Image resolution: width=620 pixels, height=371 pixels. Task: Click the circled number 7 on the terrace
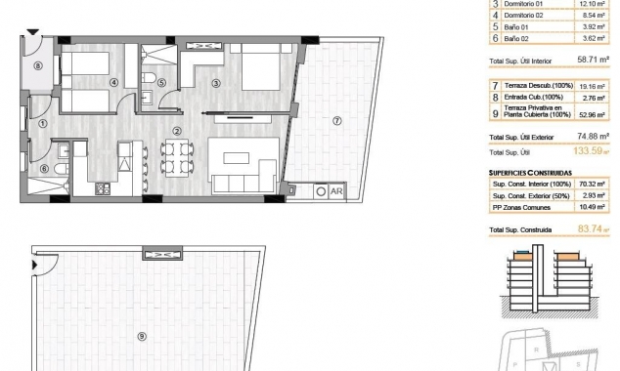(336, 121)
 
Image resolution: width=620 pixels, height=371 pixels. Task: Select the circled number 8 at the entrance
(38, 66)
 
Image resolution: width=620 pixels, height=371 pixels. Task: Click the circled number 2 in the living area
(177, 132)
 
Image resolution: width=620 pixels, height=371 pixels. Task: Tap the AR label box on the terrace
(336, 191)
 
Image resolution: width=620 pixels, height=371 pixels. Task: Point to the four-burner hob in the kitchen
(101, 187)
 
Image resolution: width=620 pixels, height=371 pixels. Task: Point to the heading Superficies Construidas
(525, 171)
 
